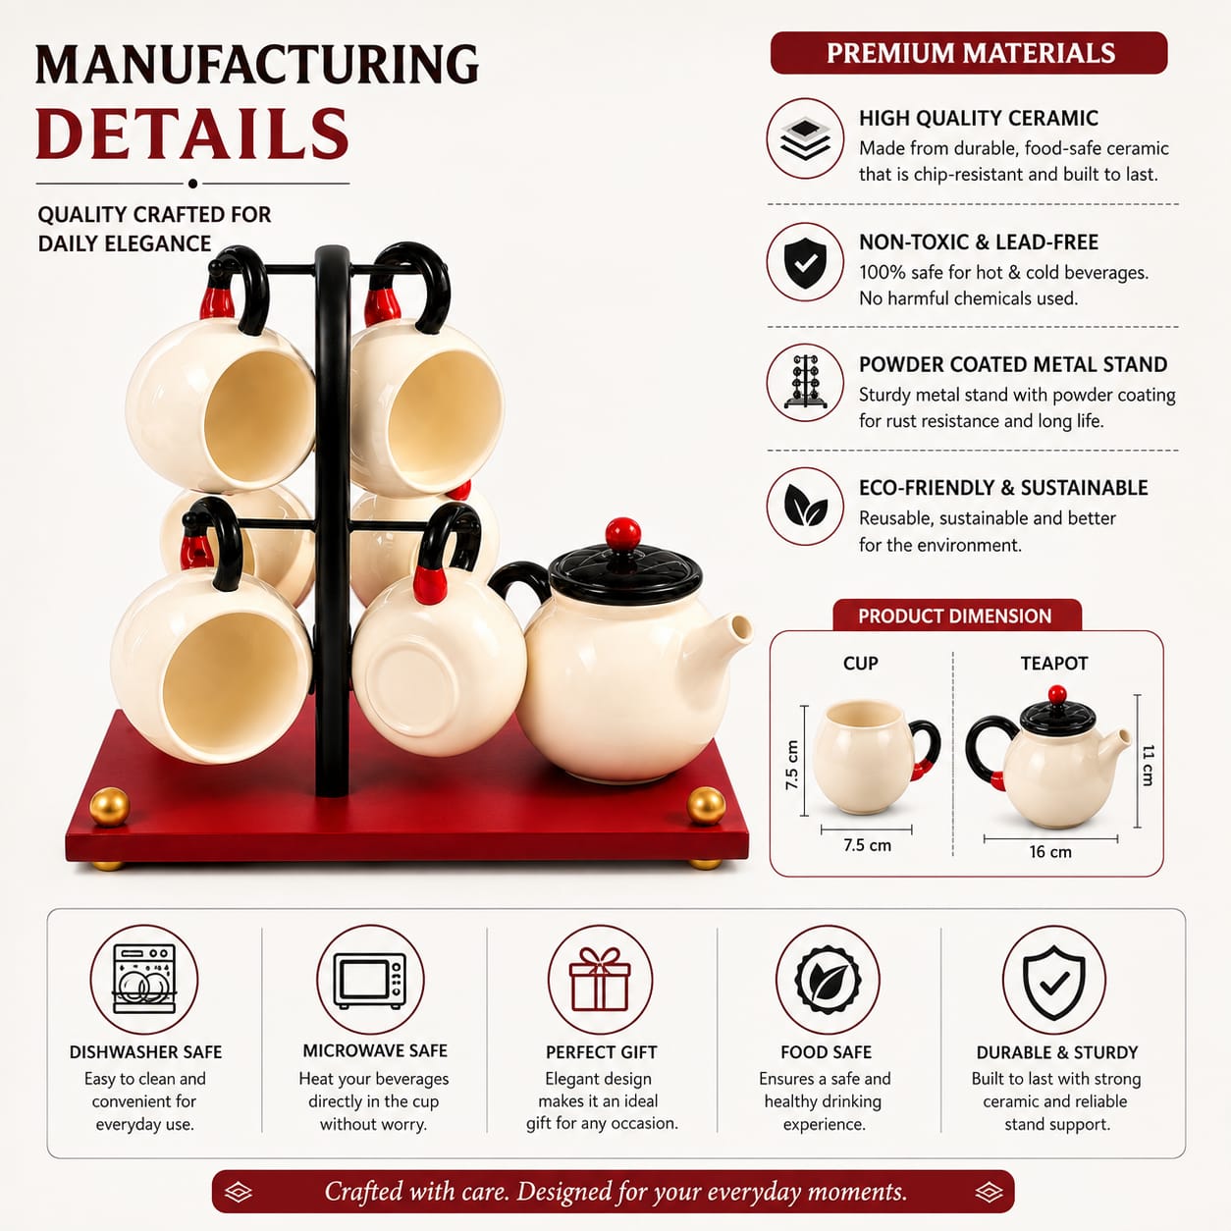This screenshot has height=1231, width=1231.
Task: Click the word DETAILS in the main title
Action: (x=192, y=134)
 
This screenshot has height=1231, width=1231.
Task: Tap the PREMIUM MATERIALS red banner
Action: (x=969, y=53)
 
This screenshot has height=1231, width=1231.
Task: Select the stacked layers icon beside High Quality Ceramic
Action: (x=805, y=138)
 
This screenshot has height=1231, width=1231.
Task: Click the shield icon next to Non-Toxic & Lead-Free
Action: (x=805, y=262)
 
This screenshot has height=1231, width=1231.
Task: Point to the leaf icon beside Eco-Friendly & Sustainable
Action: (x=805, y=506)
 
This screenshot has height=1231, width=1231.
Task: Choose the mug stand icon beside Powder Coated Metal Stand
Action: (x=806, y=382)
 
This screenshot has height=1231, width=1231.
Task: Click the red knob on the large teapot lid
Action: (x=622, y=533)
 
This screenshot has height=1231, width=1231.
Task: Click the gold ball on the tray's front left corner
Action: (x=109, y=807)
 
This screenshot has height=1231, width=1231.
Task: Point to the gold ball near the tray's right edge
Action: (x=706, y=806)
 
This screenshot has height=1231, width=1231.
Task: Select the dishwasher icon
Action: (x=143, y=980)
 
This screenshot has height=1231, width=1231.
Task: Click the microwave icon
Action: (x=370, y=981)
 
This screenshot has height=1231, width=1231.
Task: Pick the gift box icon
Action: (x=599, y=980)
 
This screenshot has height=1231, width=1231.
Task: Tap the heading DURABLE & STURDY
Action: (x=1057, y=1052)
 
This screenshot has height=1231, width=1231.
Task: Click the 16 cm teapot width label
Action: (x=1050, y=851)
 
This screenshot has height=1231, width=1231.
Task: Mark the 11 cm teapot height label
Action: (x=1148, y=765)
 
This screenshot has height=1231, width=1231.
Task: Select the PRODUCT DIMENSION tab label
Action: (x=954, y=615)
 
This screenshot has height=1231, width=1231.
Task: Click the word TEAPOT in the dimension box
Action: (x=1054, y=663)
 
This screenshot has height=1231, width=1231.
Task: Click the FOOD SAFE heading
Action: (x=826, y=1052)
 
